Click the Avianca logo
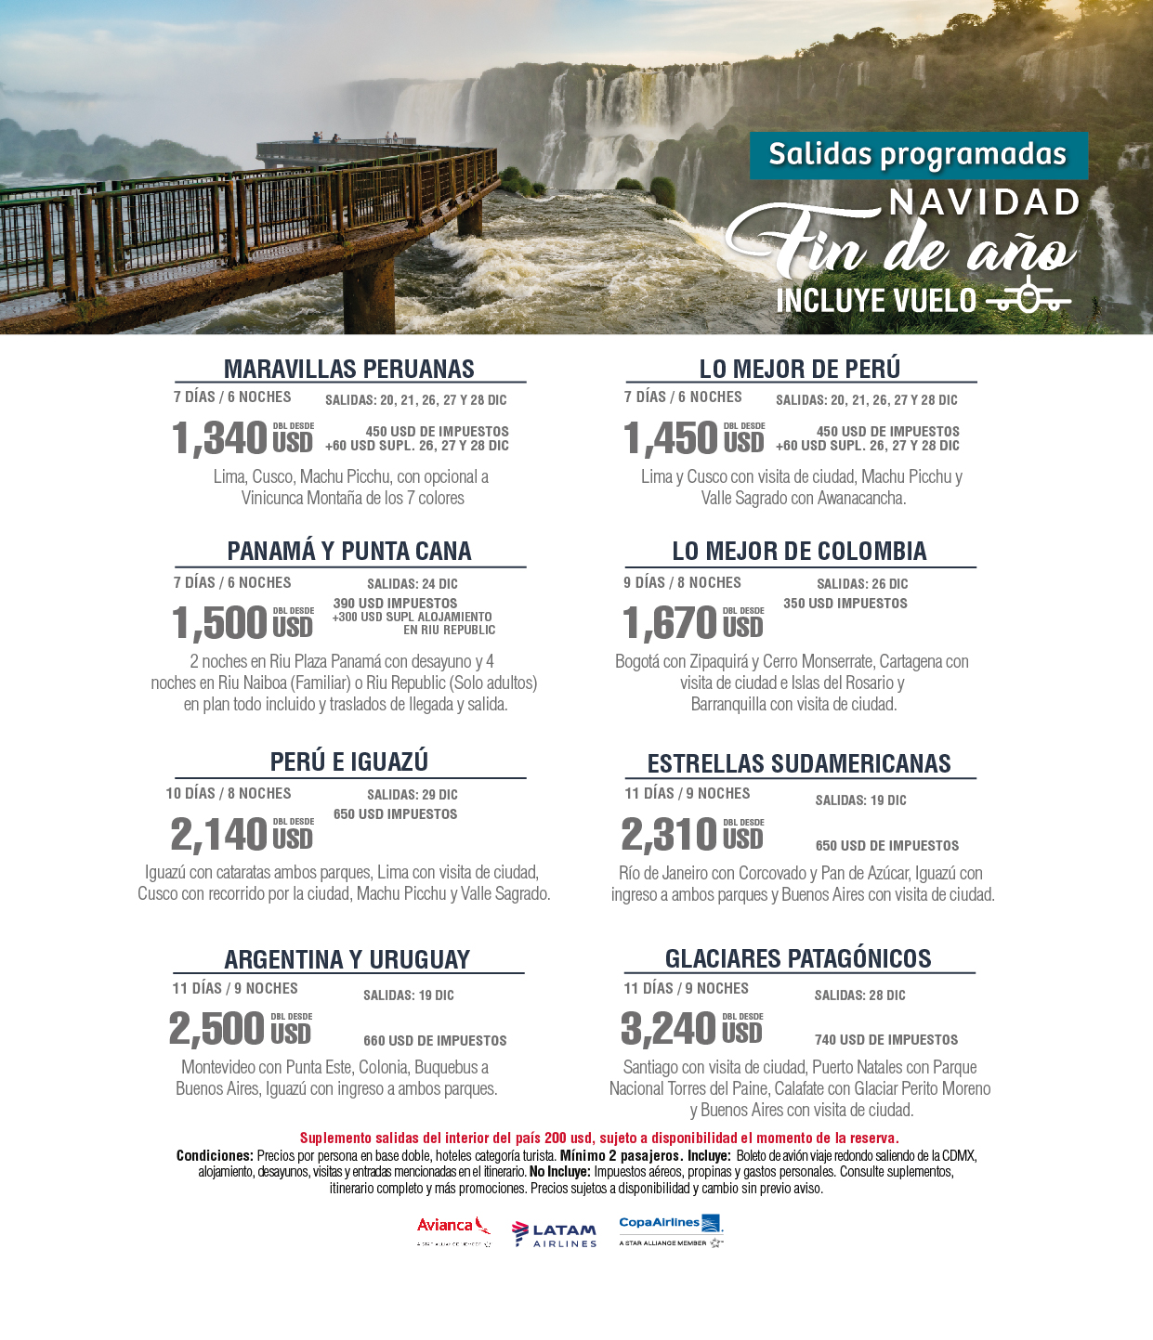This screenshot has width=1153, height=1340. (453, 1229)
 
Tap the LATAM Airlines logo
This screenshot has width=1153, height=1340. (555, 1234)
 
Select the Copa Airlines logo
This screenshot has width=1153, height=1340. (670, 1228)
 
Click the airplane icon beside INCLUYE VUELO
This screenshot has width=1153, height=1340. (1029, 298)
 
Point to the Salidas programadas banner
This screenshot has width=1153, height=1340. (918, 155)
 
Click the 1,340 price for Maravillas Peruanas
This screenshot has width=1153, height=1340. (220, 438)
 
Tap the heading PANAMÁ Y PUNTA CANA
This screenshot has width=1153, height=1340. (349, 551)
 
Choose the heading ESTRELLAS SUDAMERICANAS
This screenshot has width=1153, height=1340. (799, 763)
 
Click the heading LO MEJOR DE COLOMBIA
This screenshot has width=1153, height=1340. (799, 551)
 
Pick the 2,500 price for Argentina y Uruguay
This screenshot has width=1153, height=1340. (217, 1029)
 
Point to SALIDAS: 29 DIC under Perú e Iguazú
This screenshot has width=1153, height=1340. (412, 795)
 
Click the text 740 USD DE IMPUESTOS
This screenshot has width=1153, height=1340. (886, 1040)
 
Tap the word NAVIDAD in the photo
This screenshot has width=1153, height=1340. (984, 202)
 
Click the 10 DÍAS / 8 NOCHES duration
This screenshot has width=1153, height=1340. (229, 793)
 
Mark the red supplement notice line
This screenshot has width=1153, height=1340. (599, 1138)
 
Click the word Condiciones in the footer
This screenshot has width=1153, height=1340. (215, 1156)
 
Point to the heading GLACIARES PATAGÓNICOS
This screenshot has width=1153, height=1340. (798, 958)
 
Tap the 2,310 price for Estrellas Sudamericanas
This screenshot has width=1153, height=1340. (669, 834)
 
